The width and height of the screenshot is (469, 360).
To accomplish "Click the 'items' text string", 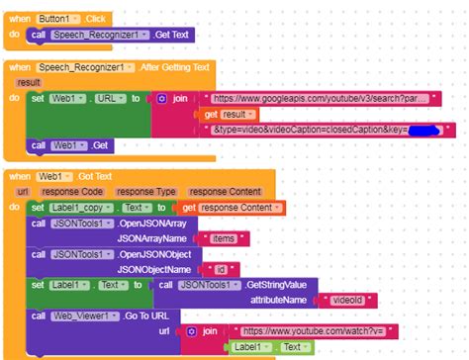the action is tap(224, 238).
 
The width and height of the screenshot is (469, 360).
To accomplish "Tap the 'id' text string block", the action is tap(222, 268).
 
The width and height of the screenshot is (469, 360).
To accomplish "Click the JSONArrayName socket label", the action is tap(153, 238).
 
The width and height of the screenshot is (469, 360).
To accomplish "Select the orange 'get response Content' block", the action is tap(230, 208).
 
